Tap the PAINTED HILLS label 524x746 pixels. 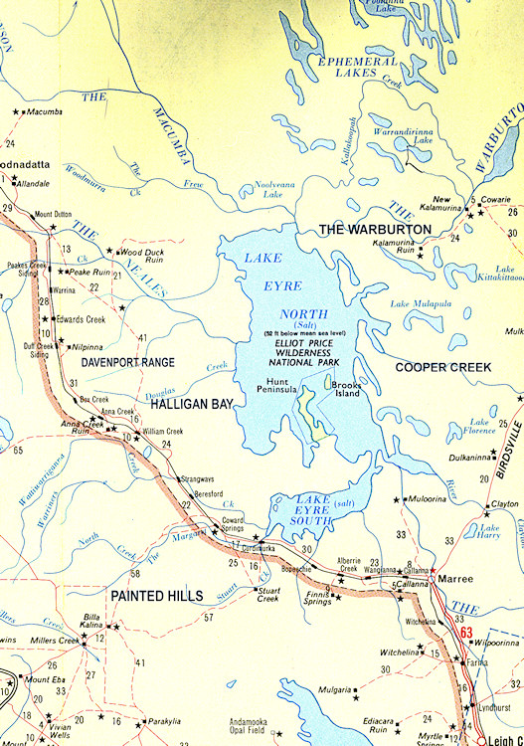click(x=157, y=596)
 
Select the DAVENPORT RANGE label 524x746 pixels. click(x=128, y=363)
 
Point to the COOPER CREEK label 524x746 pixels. click(x=443, y=367)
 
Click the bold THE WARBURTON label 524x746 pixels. click(x=375, y=230)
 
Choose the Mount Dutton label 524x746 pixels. click(x=53, y=214)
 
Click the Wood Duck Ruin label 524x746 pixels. click(x=141, y=257)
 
